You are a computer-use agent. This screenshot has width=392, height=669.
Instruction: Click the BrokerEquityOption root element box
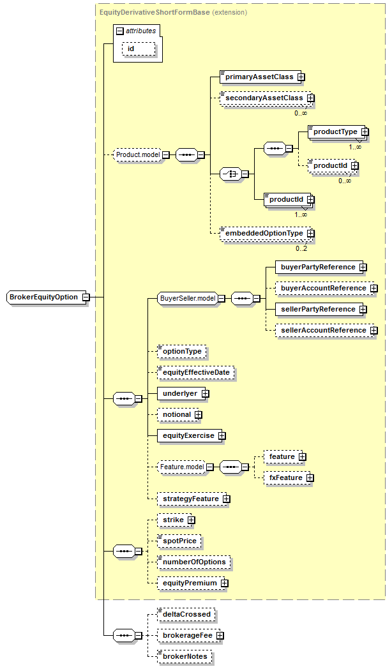coord(43,297)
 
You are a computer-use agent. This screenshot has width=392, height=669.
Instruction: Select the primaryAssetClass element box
coord(258,77)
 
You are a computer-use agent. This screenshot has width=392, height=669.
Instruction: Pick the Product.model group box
coord(137,154)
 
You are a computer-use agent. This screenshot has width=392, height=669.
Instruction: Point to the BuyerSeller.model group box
coord(187,298)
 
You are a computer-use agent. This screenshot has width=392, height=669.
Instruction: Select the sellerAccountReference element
coord(323,330)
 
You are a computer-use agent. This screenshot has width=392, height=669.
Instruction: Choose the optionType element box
coord(182,351)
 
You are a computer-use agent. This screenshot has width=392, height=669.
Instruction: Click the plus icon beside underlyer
coord(205,394)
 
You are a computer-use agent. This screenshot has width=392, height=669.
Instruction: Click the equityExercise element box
coord(188,435)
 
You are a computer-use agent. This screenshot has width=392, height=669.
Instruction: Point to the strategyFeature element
coord(190,499)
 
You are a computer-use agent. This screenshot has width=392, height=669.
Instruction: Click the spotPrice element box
coord(179,541)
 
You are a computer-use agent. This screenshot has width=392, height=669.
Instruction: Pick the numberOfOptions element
coord(193,562)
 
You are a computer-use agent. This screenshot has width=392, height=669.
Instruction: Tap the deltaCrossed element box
coord(186,614)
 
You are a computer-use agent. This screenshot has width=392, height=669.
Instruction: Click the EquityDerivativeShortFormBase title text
coord(154,11)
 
